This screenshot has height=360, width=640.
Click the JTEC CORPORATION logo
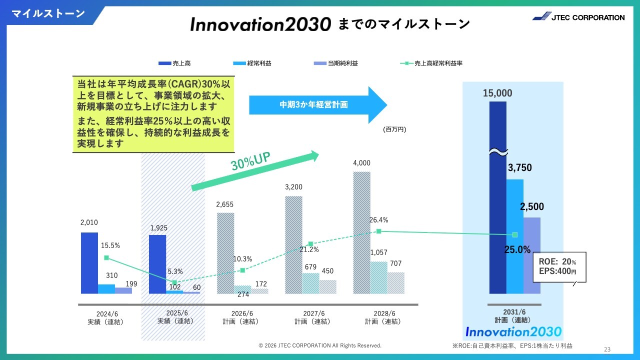[x=578, y=17]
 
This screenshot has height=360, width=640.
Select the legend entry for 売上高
[x=174, y=63]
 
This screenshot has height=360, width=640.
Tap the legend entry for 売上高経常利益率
[x=434, y=63]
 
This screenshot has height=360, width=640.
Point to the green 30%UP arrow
[x=255, y=169]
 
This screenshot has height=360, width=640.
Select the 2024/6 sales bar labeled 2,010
[x=89, y=263]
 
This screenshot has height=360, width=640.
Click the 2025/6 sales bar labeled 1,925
[x=157, y=264]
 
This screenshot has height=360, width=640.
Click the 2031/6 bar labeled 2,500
[x=532, y=255]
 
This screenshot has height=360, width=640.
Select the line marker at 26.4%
[x=378, y=231]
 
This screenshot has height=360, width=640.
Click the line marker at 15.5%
[x=106, y=257]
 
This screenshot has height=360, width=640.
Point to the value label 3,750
[x=520, y=168]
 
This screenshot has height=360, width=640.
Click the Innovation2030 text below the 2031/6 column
[x=513, y=331]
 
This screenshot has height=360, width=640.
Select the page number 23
[x=607, y=349]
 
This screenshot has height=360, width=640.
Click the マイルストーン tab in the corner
[x=48, y=13]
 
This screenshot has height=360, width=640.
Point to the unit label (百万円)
[x=395, y=129]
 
